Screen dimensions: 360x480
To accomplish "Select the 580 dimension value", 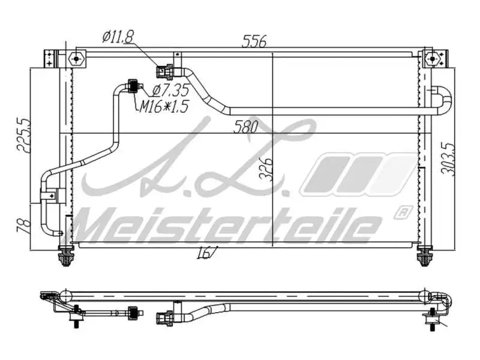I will (x=246, y=127).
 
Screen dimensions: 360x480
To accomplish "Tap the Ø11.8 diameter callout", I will (x=116, y=37).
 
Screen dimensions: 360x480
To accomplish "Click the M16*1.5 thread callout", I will (x=164, y=107).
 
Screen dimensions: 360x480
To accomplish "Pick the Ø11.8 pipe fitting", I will (x=166, y=72).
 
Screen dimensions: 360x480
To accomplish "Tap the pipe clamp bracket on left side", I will (x=52, y=194).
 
